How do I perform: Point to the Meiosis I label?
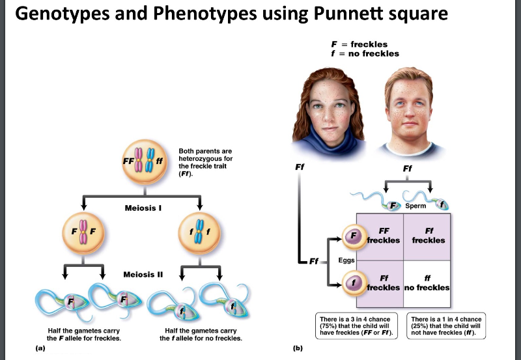[143, 208]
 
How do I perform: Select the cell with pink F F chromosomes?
[83, 232]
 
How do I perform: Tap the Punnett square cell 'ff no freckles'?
[427, 283]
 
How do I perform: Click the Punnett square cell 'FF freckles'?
[380, 236]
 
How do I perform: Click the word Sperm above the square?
[415, 206]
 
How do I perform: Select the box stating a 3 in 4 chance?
[358, 326]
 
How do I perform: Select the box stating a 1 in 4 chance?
[447, 326]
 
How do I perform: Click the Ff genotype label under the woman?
[300, 166]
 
